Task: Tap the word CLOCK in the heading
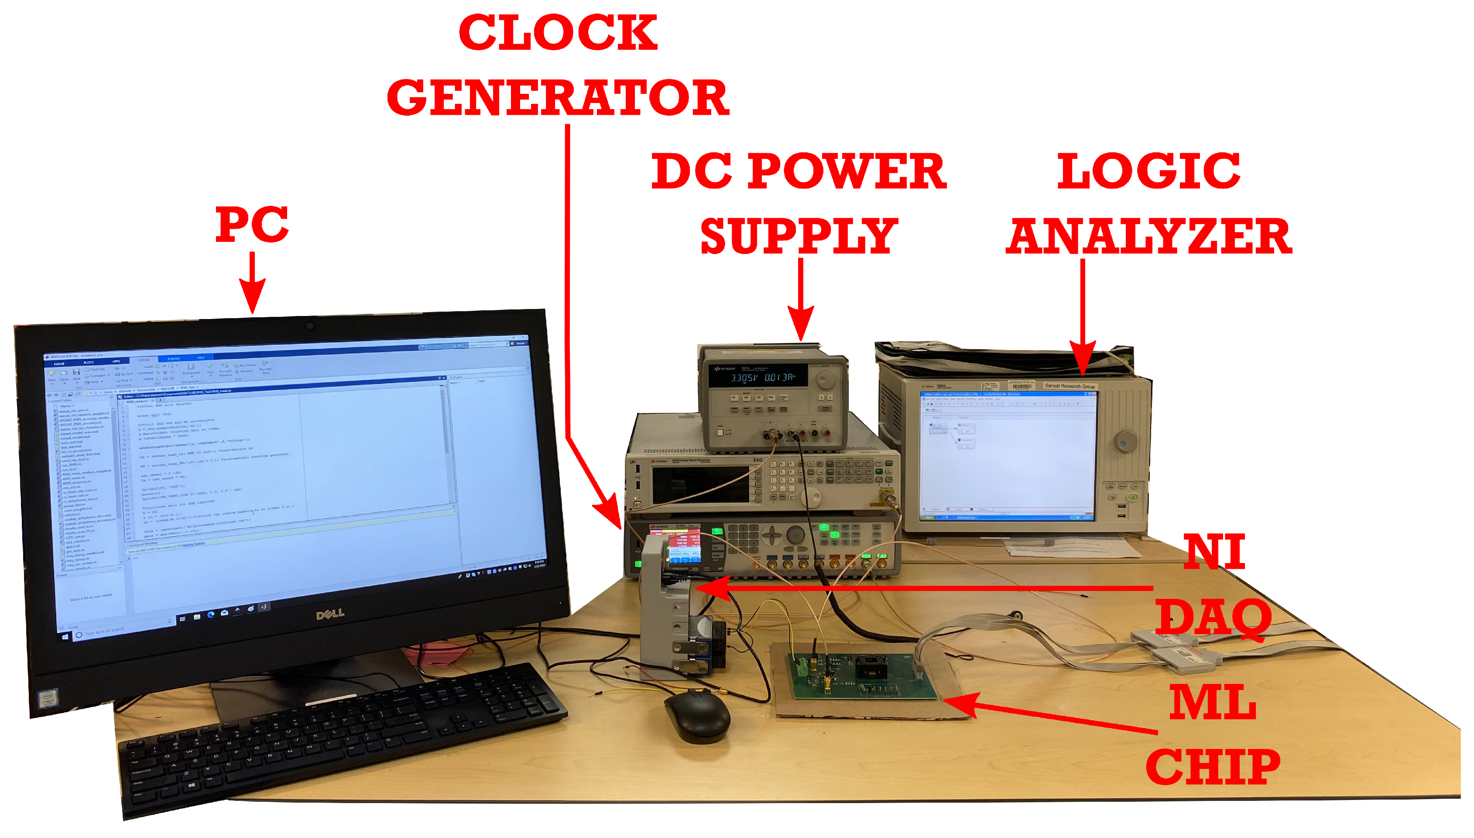[x=558, y=33]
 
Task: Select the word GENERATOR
[x=558, y=98]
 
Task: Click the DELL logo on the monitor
[x=330, y=614]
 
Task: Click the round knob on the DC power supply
[x=826, y=380]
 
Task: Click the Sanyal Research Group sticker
[x=1070, y=386]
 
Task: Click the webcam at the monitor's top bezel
[x=310, y=326]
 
